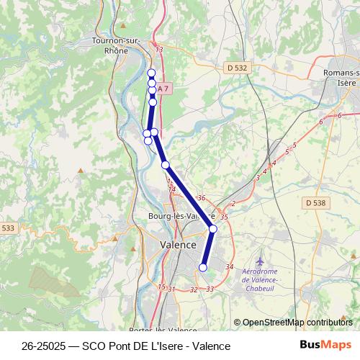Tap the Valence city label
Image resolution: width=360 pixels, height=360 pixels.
click(177, 246)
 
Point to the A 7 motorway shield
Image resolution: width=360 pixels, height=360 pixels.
click(163, 89)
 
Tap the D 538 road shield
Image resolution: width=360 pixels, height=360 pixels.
click(315, 203)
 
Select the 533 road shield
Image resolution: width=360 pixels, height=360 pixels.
click(8, 228)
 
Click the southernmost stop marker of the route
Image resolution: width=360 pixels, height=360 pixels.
click(202, 268)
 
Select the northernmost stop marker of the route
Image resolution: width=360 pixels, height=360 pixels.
click(151, 73)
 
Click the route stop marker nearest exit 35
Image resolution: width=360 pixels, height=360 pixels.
click(213, 229)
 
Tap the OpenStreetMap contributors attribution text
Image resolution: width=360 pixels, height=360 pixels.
click(297, 323)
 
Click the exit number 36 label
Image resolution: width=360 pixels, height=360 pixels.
click(202, 198)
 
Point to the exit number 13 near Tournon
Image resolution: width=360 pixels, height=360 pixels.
click(159, 50)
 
